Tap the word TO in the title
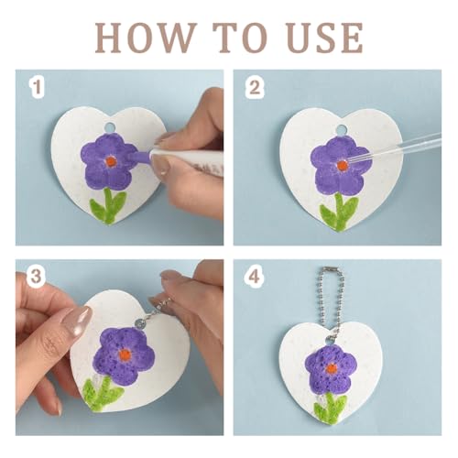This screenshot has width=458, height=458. pos(241,38)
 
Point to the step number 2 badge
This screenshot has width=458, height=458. pos(255,87)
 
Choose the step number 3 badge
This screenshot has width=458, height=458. pos(36,277)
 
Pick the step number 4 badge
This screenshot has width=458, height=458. pos(255,277)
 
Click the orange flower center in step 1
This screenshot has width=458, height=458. pos(111,161)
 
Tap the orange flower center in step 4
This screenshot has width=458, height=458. pos(331,368)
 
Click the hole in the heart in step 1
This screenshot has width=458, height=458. pos(108,126)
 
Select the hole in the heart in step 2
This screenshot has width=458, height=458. pos(341,130)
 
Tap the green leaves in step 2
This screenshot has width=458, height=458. pos(340,212)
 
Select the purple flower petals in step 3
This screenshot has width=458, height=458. pos(124,354)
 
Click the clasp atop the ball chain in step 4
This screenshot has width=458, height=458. pos(331,269)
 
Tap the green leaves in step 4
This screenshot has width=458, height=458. pos(331,408)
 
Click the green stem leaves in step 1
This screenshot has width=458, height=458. pos(108,206)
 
